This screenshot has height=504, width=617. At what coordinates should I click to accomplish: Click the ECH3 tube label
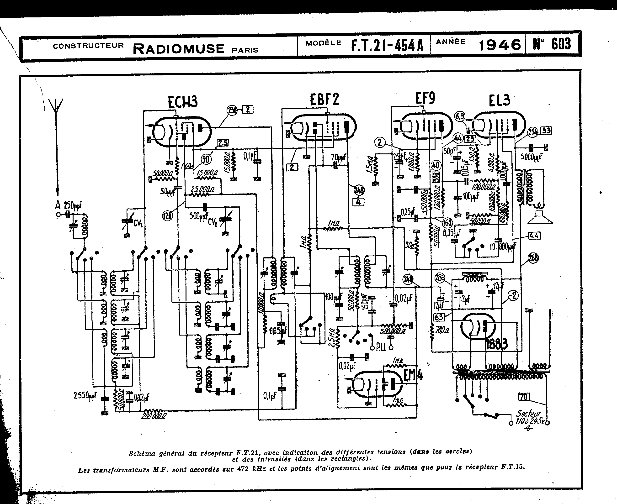pyautogui.click(x=183, y=102)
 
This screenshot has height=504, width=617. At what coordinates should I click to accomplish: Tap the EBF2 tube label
pyautogui.click(x=324, y=99)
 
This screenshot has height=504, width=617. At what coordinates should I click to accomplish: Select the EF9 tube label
pyautogui.click(x=425, y=98)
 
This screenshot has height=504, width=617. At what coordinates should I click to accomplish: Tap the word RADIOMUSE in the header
pyautogui.click(x=179, y=49)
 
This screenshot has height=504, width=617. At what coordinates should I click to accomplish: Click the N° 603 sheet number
pyautogui.click(x=552, y=44)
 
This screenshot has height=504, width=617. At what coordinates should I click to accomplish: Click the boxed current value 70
pyautogui.click(x=524, y=397)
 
